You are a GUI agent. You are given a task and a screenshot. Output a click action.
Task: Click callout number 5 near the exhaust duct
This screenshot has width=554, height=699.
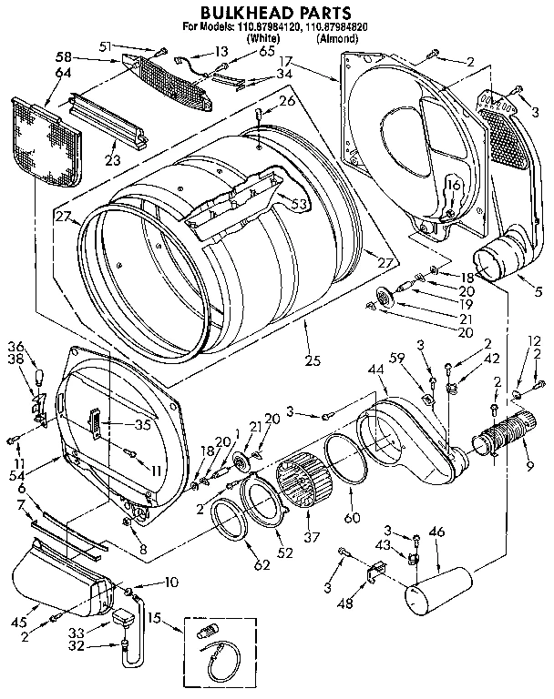pos(539,292)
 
